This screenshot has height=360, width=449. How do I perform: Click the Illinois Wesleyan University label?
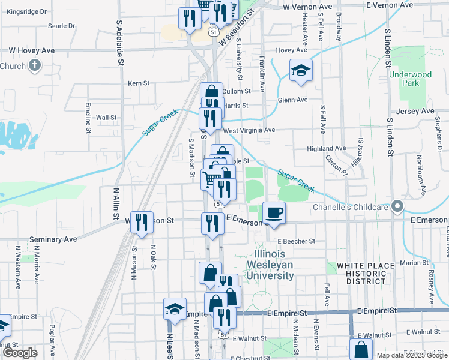[x=271, y=265]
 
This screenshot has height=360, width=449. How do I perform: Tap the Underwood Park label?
[x=410, y=79]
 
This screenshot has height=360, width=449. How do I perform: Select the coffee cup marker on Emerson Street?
[x=274, y=213]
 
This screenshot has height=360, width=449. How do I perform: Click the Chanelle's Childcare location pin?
[x=397, y=207]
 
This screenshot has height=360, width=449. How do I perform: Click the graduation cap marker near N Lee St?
[x=175, y=310]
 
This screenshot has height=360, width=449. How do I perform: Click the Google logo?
[x=20, y=353]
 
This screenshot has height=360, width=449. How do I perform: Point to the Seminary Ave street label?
[x=57, y=239]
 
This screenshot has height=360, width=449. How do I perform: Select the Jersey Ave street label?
[x=415, y=112]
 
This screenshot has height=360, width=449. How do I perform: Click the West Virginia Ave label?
[x=249, y=130]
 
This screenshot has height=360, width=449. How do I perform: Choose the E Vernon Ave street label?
[x=390, y=5]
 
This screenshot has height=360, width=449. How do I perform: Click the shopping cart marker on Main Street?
[x=211, y=179]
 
